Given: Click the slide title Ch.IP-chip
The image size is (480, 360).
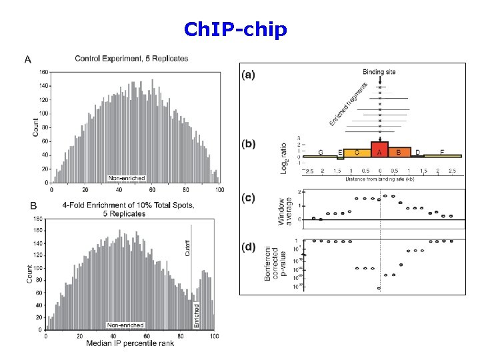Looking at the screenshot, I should (235, 30).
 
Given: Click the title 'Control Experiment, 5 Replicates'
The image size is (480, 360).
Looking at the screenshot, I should (131, 59).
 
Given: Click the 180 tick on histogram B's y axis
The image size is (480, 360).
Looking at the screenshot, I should (37, 218).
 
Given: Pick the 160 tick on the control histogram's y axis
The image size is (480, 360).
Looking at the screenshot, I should (43, 72).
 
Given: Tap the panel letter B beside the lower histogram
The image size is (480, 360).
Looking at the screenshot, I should (33, 205).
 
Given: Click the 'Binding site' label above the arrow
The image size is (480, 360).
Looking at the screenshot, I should (379, 71).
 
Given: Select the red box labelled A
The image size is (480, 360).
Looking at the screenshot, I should (379, 150).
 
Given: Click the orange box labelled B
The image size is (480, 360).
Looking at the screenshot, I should (399, 152).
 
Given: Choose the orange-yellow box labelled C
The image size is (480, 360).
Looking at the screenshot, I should (358, 153).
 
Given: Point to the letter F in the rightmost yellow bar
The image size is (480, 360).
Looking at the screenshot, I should (443, 153).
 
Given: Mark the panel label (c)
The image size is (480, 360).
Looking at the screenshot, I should (247, 198).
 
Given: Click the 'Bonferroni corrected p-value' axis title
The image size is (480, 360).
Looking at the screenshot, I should (276, 265).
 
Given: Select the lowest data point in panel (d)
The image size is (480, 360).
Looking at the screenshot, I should (379, 289).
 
